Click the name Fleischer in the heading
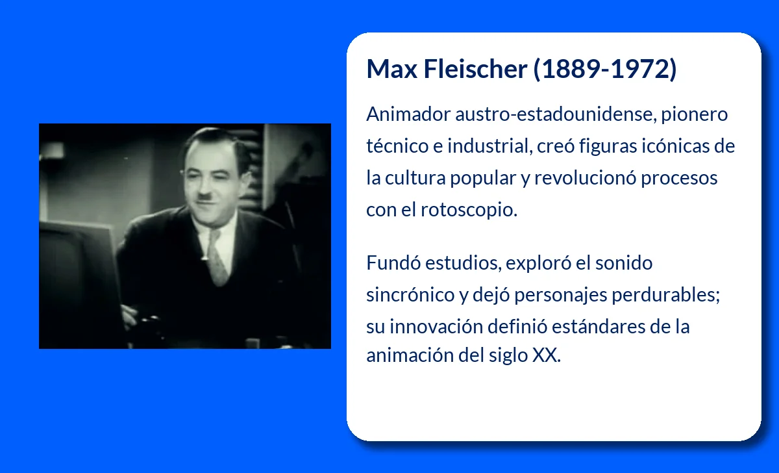(x=475, y=69)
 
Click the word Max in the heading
(x=391, y=69)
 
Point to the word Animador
(x=408, y=114)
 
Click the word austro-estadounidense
(x=556, y=114)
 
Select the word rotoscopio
(x=469, y=210)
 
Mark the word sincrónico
(x=410, y=295)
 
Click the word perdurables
(x=665, y=295)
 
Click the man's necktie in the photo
(x=216, y=258)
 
